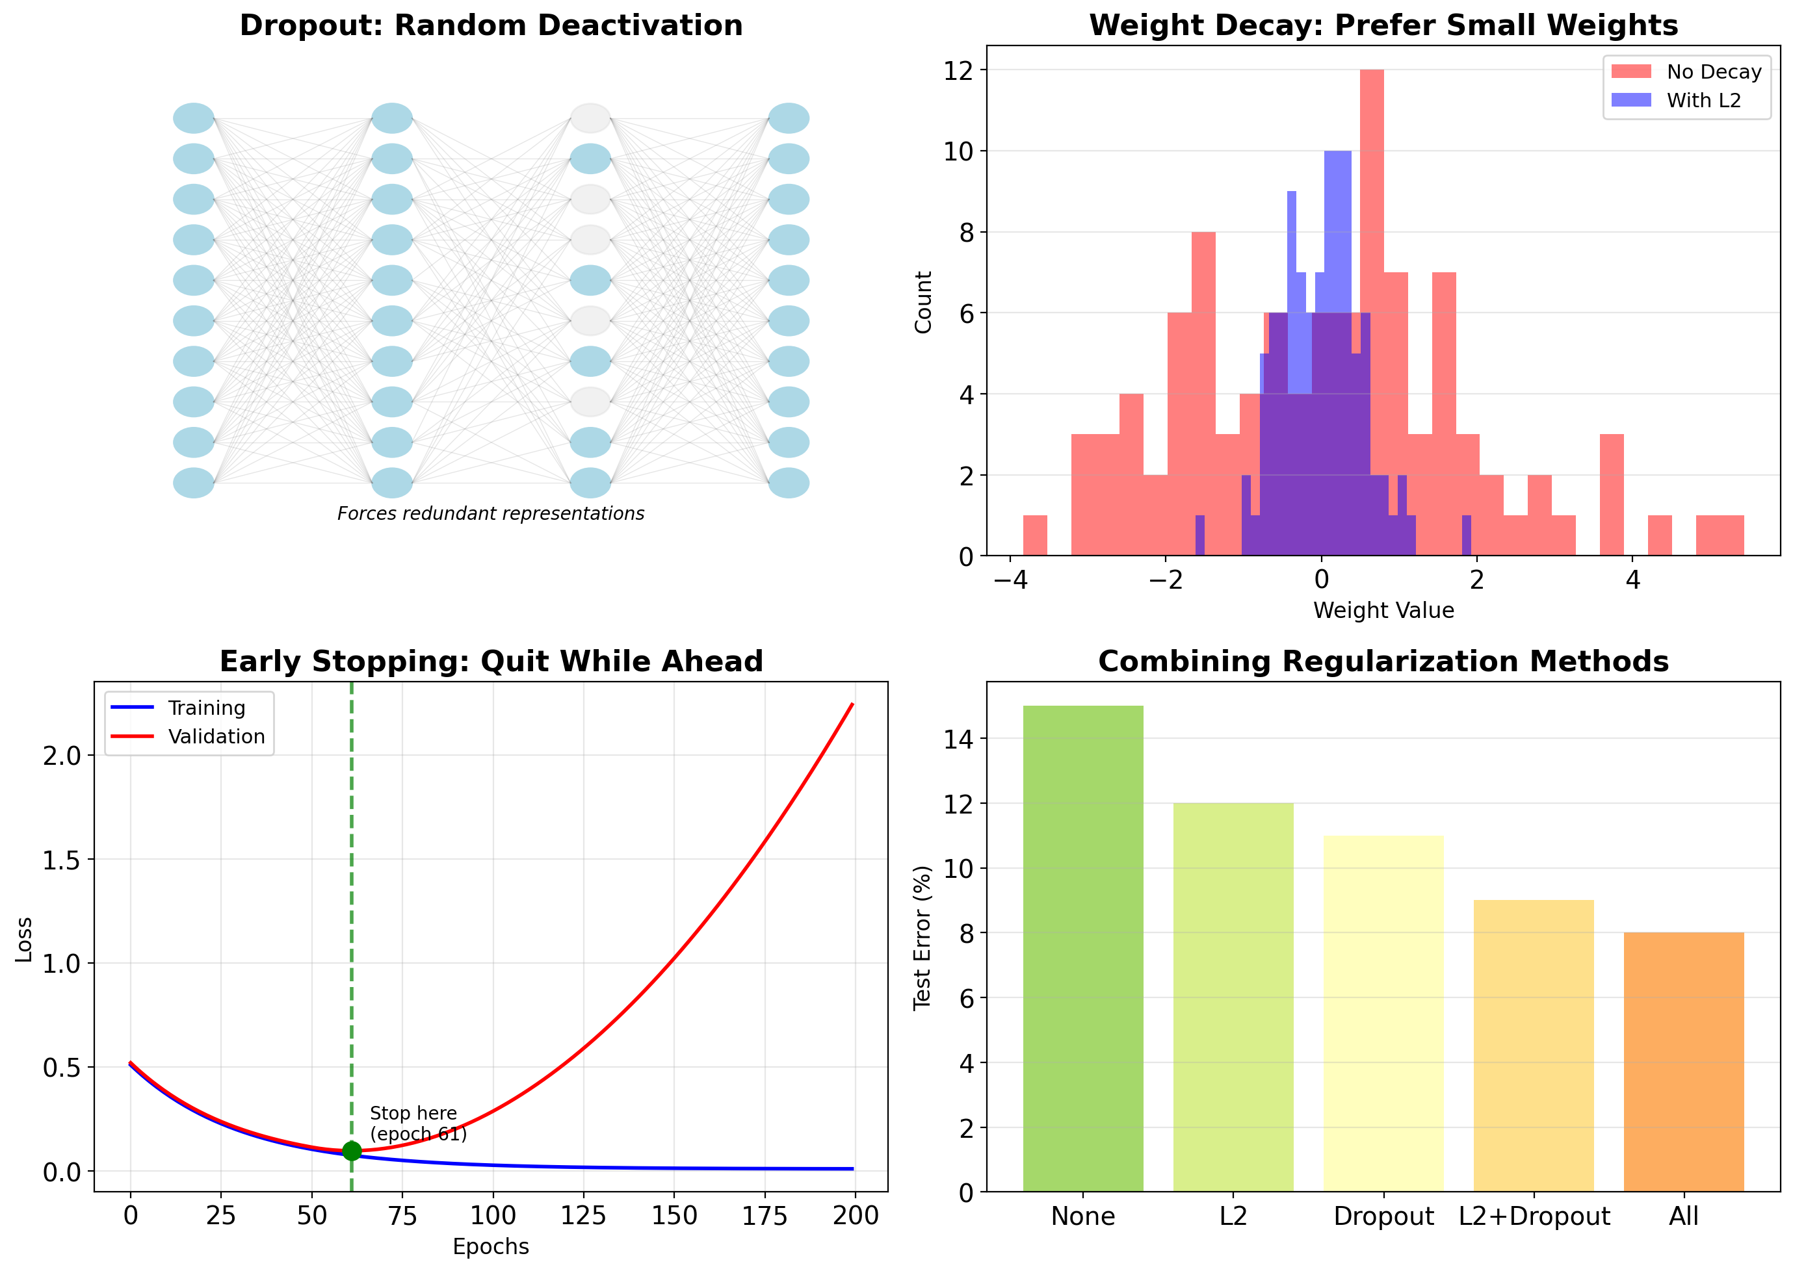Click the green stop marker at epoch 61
(352, 1151)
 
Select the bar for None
(1083, 949)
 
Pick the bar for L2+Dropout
(1533, 1046)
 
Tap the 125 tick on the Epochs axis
(583, 1215)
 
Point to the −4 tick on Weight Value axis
(1010, 580)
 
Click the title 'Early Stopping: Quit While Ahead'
(491, 662)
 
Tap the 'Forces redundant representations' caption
(491, 513)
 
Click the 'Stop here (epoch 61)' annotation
(417, 1124)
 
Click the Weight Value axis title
(1383, 610)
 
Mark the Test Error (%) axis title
(923, 937)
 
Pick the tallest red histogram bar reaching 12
(1372, 313)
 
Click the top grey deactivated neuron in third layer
(590, 118)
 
